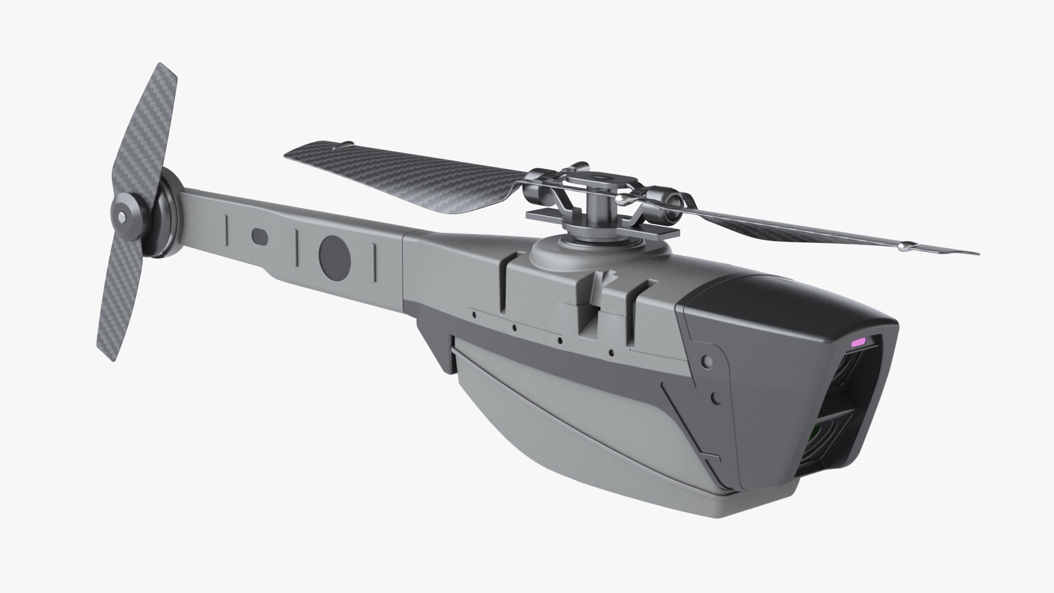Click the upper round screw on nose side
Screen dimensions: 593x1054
[x=708, y=361]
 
